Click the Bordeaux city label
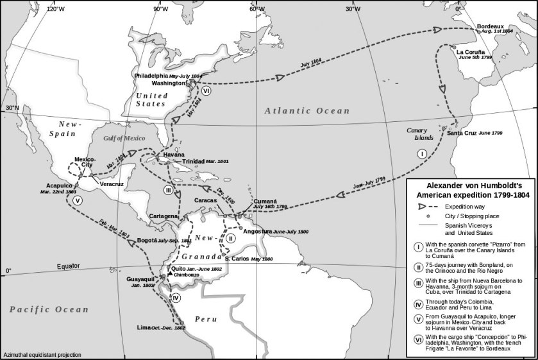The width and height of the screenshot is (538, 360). tap(492, 26)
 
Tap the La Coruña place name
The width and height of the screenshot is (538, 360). tap(475, 52)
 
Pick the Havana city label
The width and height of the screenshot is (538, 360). tap(174, 155)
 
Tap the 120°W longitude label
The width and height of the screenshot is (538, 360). tap(55, 9)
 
